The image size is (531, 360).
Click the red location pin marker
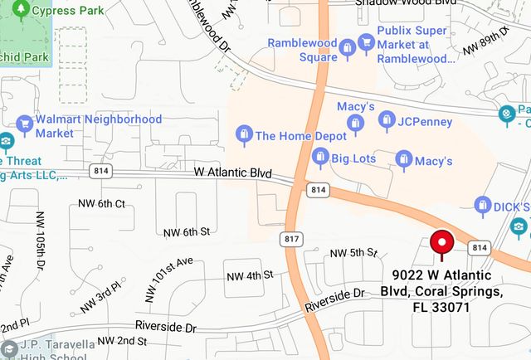click(441, 243)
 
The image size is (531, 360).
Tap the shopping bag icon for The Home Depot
click(244, 134)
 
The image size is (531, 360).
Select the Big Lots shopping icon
click(320, 158)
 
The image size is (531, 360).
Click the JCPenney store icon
click(387, 121)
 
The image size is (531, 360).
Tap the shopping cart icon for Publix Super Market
click(366, 44)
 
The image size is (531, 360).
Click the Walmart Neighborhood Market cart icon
click(24, 126)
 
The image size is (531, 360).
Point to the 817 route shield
click(290, 239)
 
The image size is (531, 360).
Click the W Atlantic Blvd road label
click(233, 173)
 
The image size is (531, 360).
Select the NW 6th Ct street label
click(101, 204)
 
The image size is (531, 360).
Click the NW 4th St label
click(250, 275)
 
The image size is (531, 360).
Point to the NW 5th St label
click(353, 252)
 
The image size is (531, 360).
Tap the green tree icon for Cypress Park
click(21, 10)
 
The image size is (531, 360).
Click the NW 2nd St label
click(122, 341)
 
